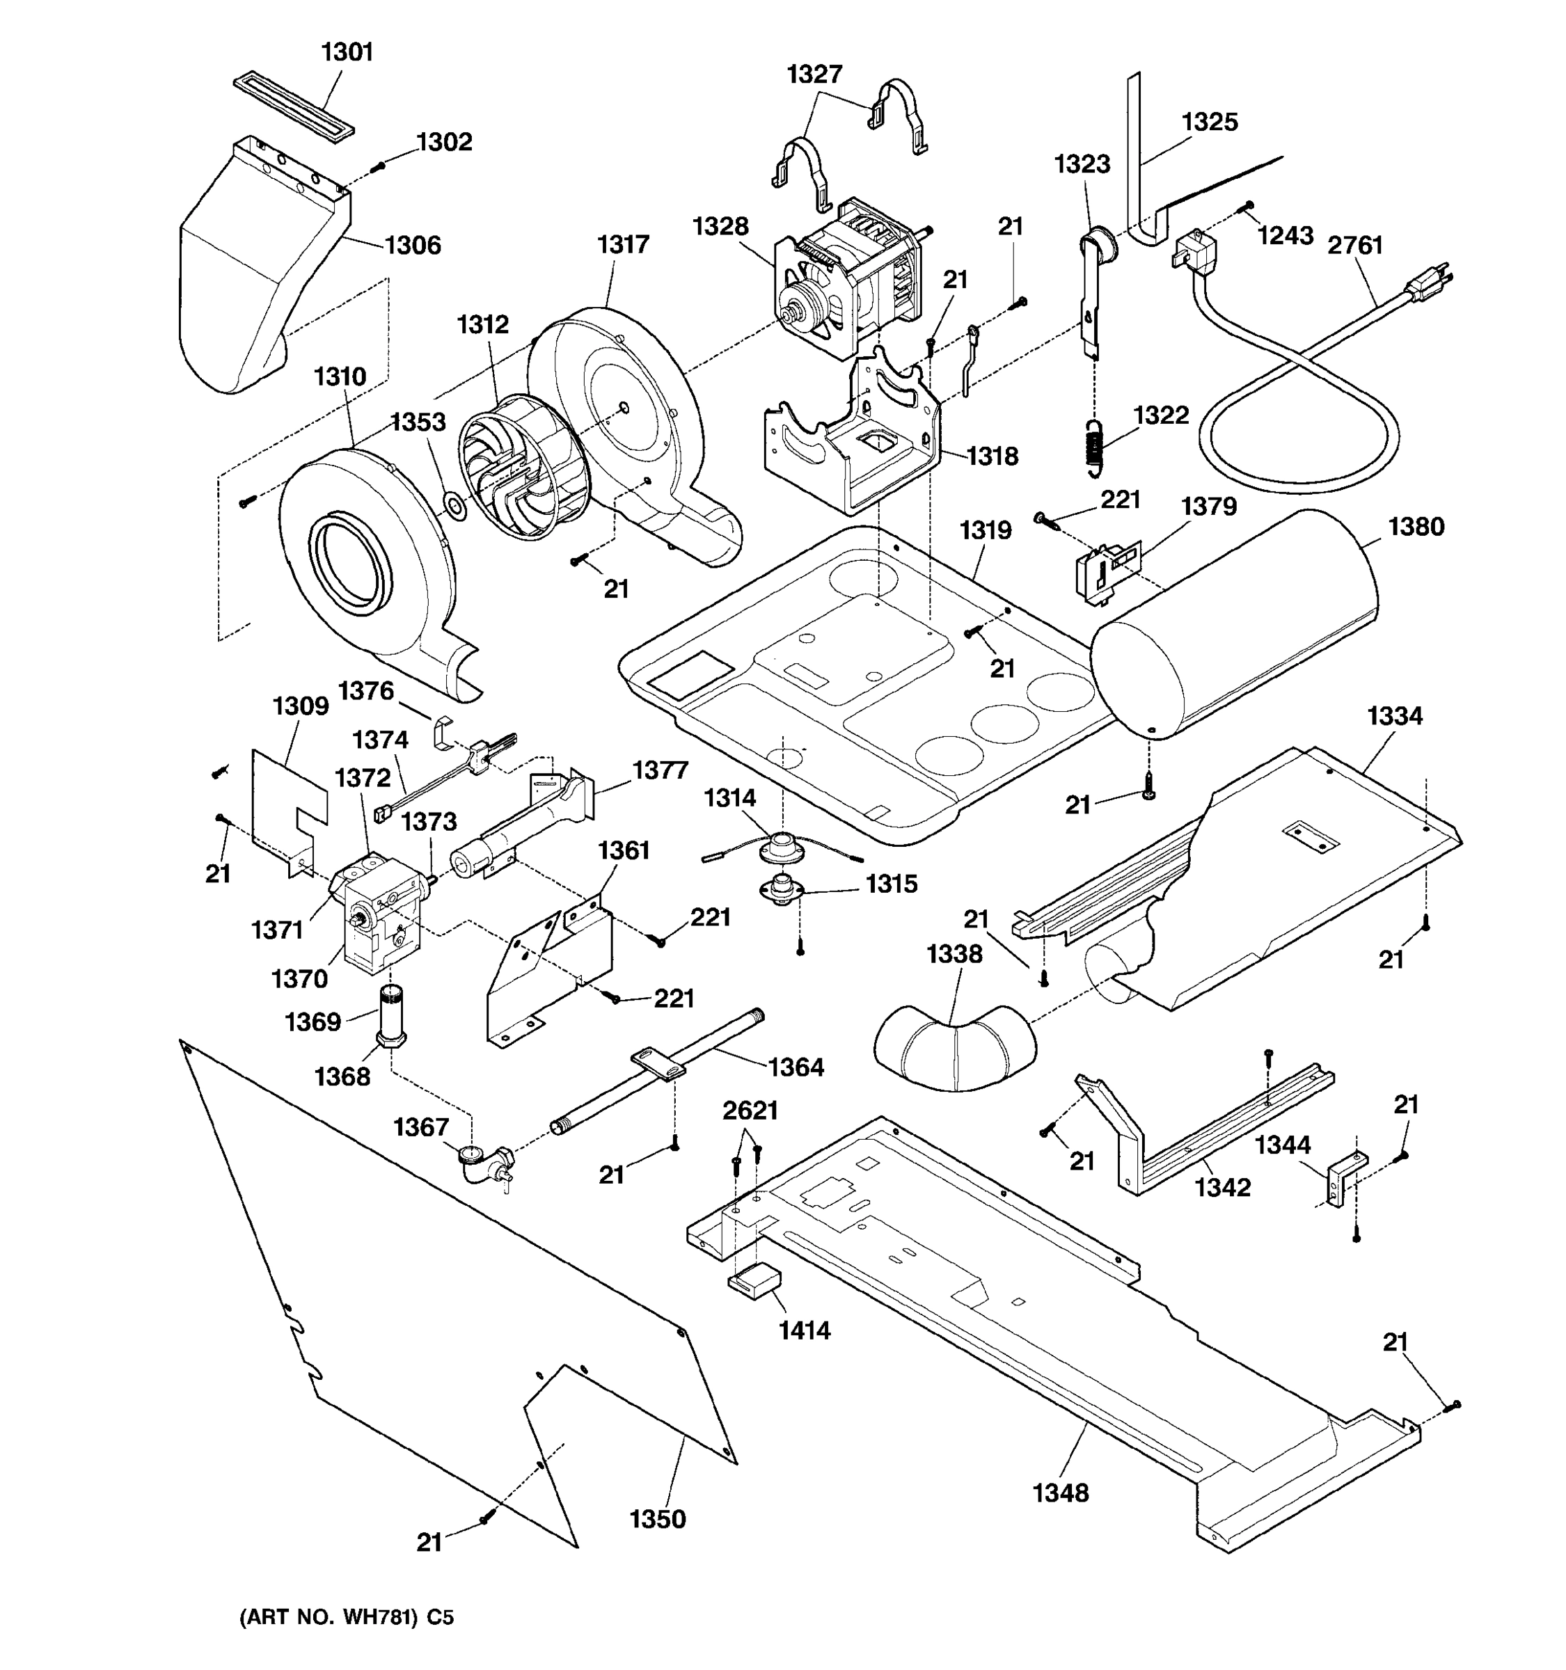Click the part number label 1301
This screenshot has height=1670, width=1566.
(347, 52)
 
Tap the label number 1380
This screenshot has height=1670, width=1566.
(1416, 527)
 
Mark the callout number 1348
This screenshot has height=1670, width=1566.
(1060, 1493)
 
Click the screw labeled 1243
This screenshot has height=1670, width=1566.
(1249, 206)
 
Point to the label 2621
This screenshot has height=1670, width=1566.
(750, 1111)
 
